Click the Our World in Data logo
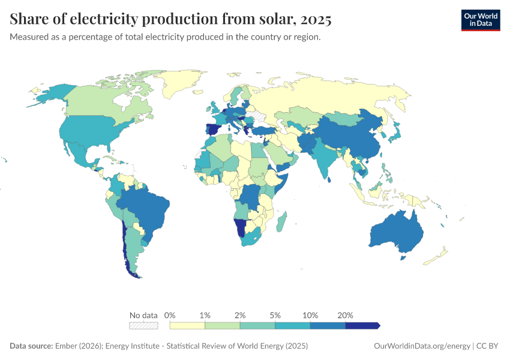pyautogui.click(x=480, y=20)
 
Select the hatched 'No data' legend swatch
pyautogui.click(x=143, y=326)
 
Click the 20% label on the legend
pyautogui.click(x=346, y=315)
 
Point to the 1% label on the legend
pyautogui.click(x=205, y=315)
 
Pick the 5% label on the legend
pyautogui.click(x=275, y=315)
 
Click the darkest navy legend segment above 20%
pyautogui.click(x=362, y=326)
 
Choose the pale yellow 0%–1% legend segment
pyautogui.click(x=187, y=326)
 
